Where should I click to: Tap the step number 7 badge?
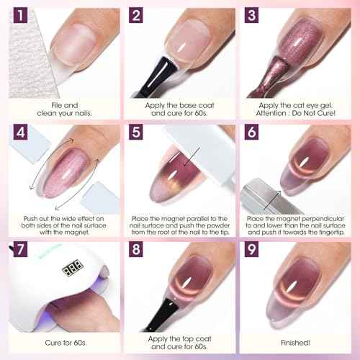[17, 251]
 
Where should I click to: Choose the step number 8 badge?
[135, 251]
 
